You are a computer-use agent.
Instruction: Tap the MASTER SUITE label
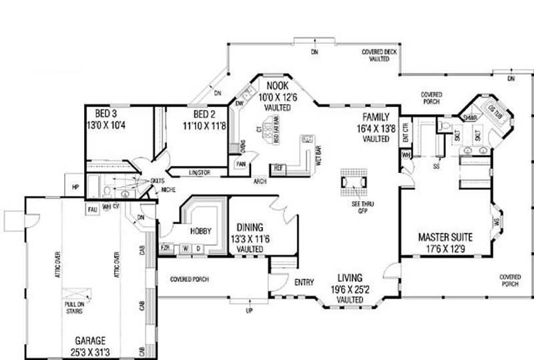click(x=445, y=237)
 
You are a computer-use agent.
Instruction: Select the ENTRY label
click(x=304, y=283)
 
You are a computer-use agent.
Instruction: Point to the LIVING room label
click(x=350, y=277)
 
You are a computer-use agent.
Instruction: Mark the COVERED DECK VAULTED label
click(x=379, y=55)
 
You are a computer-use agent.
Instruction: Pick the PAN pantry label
click(x=240, y=164)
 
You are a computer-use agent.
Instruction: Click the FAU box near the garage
click(x=93, y=210)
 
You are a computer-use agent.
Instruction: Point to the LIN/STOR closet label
click(x=199, y=173)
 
